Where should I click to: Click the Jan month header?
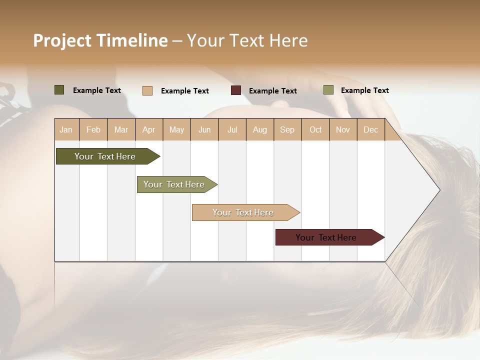(x=66, y=129)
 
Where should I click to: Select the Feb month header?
(x=93, y=129)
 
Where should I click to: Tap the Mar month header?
(x=121, y=129)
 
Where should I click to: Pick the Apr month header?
(x=149, y=129)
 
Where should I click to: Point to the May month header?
(x=176, y=129)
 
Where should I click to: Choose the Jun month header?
(x=204, y=129)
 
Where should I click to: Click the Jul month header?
(x=232, y=129)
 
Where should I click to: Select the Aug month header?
(x=260, y=129)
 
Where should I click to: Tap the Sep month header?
(x=287, y=129)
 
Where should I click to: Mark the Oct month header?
(x=315, y=129)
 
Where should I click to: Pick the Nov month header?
(x=343, y=129)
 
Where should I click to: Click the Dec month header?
(x=371, y=129)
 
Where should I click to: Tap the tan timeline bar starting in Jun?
(x=243, y=212)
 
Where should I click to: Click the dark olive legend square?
(x=59, y=90)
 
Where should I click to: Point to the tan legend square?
(x=147, y=90)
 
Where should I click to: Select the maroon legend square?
(x=236, y=90)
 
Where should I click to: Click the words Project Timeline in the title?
(x=100, y=40)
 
